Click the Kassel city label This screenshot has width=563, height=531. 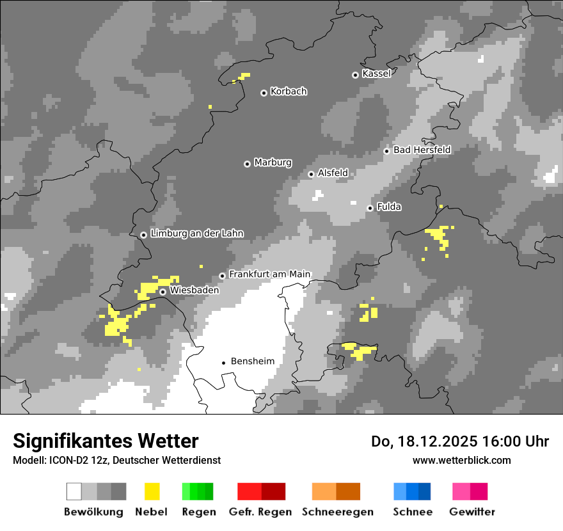[x=376, y=74]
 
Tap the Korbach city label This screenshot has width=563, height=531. [x=289, y=91]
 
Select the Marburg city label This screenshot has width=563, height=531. [x=273, y=162]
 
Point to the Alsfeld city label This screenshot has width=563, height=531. [x=333, y=173]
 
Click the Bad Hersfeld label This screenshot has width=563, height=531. [x=422, y=150]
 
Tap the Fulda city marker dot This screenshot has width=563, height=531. [x=370, y=208]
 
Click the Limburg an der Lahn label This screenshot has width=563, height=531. [x=196, y=234]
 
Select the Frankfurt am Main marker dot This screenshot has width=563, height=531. [x=223, y=276]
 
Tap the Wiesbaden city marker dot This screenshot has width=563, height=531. [x=163, y=292]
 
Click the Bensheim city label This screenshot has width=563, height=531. [x=252, y=361]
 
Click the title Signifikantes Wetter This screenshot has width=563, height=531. [x=106, y=441]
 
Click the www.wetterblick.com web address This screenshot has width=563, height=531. [x=462, y=460]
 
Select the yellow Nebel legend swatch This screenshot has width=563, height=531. [x=152, y=491]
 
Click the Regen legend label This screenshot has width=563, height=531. [x=197, y=512]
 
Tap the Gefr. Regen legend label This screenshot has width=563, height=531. [x=260, y=512]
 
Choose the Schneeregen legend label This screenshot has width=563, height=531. [x=337, y=512]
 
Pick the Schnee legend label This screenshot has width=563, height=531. [x=413, y=512]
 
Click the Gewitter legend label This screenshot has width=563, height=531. [x=472, y=512]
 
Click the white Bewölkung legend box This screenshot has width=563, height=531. [x=74, y=491]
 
